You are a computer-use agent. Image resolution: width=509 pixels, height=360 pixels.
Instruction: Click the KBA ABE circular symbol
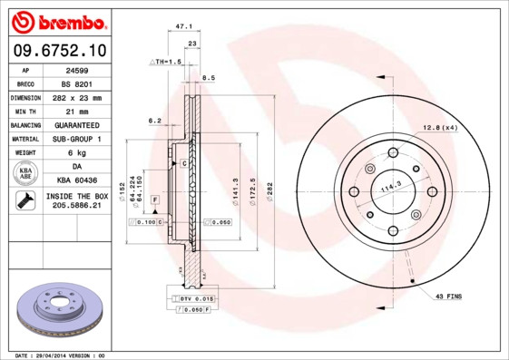point(26,174)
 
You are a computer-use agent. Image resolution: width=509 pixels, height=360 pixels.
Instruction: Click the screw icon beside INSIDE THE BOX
point(24,201)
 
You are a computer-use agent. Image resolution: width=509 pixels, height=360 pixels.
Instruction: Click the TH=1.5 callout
point(166,61)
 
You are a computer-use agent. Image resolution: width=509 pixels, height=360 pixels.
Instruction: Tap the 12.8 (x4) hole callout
point(439,127)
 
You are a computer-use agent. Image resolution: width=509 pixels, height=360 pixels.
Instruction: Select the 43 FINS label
point(449,296)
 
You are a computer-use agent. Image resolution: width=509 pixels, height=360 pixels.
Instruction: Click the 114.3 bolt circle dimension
point(390,187)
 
